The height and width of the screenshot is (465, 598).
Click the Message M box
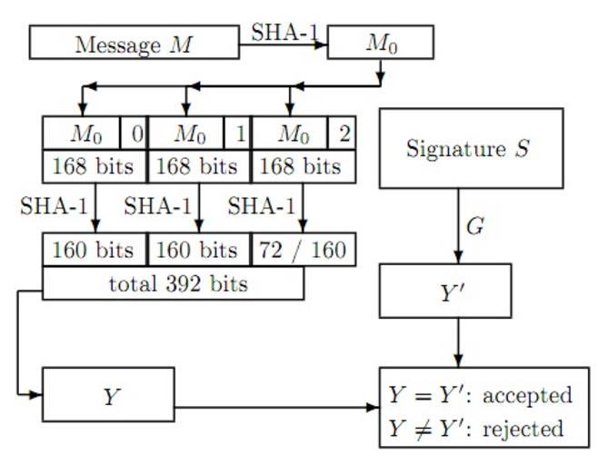click(135, 43)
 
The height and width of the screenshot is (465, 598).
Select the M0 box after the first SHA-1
click(380, 43)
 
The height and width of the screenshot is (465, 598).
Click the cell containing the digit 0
click(135, 134)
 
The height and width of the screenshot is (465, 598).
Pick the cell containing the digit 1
click(239, 134)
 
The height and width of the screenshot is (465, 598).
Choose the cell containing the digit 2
click(344, 134)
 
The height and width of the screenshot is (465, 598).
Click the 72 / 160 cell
click(304, 250)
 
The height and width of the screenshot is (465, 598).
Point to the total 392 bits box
click(173, 284)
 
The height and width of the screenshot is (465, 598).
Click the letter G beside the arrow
click(474, 226)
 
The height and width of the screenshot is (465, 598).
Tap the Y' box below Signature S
click(444, 293)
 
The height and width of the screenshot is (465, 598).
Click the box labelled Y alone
click(108, 395)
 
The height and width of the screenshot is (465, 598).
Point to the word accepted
click(527, 395)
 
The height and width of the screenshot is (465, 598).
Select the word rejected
click(523, 428)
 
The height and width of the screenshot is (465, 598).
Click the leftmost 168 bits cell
click(94, 167)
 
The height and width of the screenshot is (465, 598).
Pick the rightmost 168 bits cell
click(303, 167)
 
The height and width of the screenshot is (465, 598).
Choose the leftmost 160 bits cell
click(94, 250)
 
